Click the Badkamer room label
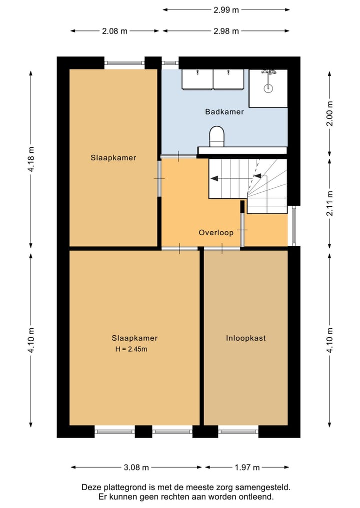coord(224,112)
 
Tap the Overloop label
coord(216,233)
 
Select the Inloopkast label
coord(246,338)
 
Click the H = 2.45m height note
coord(131,349)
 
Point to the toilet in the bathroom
coord(217,136)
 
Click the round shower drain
coord(268,88)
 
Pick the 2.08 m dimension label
coord(115,31)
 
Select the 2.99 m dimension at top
coord(226,10)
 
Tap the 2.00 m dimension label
coord(329,113)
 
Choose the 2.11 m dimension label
coord(329,203)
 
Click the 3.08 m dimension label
coord(136,467)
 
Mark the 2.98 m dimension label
coord(226,31)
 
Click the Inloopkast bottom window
coord(238,431)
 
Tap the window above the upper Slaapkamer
coord(124,63)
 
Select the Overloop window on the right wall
coord(294,225)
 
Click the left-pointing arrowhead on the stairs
coord(213,178)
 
